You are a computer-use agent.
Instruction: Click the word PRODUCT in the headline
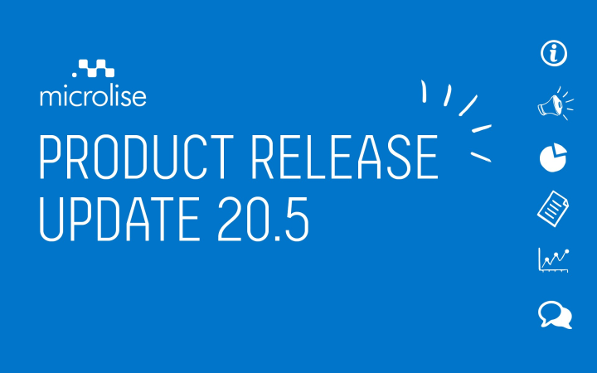(137, 157)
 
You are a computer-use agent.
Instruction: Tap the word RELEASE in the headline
(345, 157)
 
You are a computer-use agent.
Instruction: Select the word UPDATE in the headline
(119, 219)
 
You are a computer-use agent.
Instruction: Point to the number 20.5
(263, 219)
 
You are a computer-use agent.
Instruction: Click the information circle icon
(554, 53)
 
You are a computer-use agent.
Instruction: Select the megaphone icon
(555, 104)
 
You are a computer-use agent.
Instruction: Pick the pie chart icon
(553, 157)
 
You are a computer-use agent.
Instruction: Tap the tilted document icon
(553, 209)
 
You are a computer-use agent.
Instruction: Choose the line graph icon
(554, 260)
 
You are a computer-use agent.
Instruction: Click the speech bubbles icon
(555, 315)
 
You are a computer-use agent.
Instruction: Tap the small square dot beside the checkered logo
(75, 75)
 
